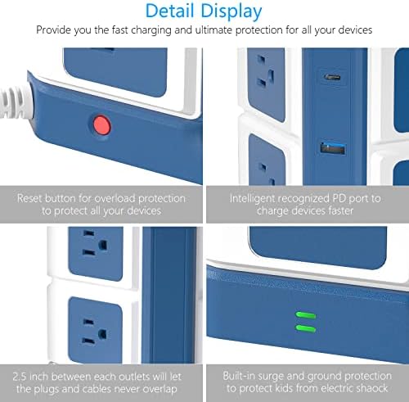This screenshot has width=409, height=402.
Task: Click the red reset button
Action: click(x=101, y=125)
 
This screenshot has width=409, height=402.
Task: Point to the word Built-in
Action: click(x=243, y=373)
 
